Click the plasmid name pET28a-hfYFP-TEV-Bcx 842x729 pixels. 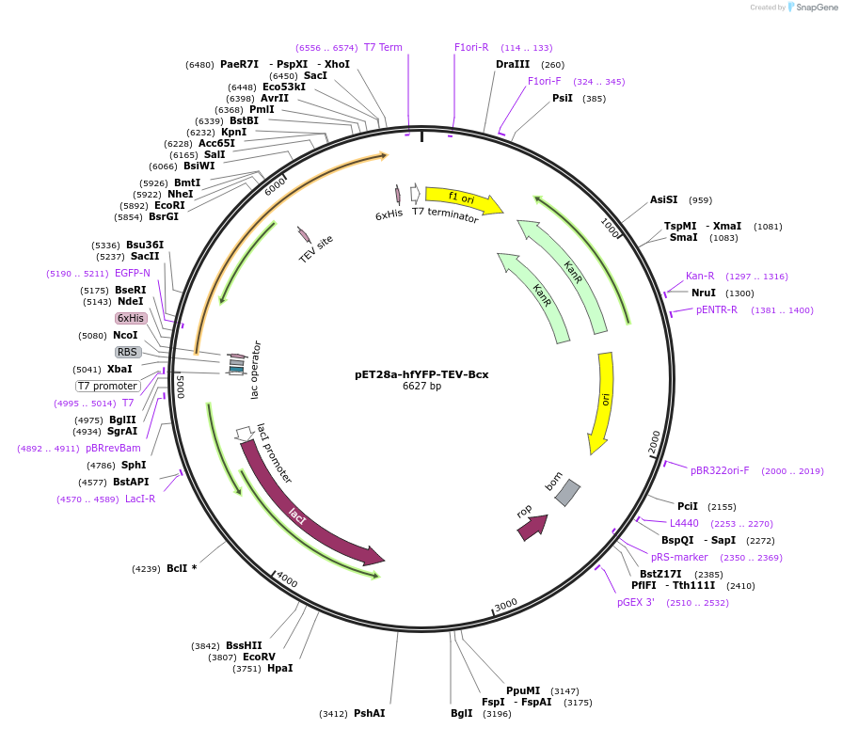pyautogui.click(x=421, y=373)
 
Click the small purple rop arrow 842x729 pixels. pyautogui.click(x=532, y=528)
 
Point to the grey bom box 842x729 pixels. pyautogui.click(x=567, y=493)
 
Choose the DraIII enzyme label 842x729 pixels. pyautogui.click(x=513, y=65)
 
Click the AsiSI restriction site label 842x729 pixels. pyautogui.click(x=663, y=199)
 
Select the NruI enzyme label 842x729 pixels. pyautogui.click(x=704, y=293)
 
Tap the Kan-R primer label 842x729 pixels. pyautogui.click(x=700, y=276)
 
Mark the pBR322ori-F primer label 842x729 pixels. pyautogui.click(x=720, y=470)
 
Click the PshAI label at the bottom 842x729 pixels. pyautogui.click(x=369, y=713)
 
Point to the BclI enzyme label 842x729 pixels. pyautogui.click(x=177, y=568)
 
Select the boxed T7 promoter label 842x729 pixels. pyautogui.click(x=108, y=386)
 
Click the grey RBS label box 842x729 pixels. pyautogui.click(x=128, y=352)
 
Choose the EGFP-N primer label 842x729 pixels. pyautogui.click(x=133, y=273)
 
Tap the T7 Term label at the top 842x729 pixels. pyautogui.click(x=383, y=47)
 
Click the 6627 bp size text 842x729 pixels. pyautogui.click(x=421, y=386)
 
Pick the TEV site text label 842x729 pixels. pyautogui.click(x=316, y=248)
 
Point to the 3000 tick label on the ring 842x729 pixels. pyautogui.click(x=506, y=603)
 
